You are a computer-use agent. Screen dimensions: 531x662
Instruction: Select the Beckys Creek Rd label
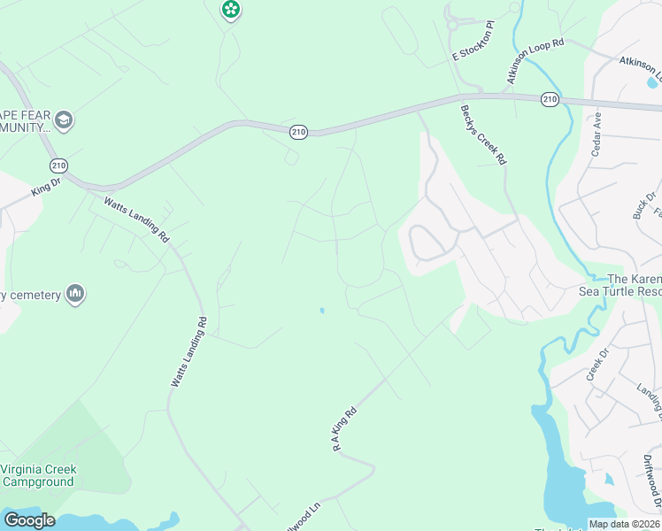[x=483, y=135]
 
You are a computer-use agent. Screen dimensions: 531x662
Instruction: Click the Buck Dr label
[x=644, y=205]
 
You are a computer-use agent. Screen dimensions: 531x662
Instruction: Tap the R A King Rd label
[x=344, y=429]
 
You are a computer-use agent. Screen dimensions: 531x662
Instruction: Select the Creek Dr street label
[x=599, y=365]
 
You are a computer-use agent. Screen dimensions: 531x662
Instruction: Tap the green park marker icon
[x=231, y=10]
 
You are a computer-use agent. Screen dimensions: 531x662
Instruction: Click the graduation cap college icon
[x=63, y=119]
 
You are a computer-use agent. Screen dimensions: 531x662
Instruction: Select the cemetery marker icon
[x=75, y=293]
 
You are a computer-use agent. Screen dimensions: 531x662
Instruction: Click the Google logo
[x=29, y=520]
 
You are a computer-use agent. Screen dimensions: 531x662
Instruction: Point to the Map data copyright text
[x=623, y=524]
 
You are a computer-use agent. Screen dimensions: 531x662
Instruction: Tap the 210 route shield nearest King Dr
[x=58, y=165]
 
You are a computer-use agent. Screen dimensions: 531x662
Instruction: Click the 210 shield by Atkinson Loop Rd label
[x=550, y=100]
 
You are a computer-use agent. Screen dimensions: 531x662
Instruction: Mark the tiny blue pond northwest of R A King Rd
[x=322, y=311]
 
